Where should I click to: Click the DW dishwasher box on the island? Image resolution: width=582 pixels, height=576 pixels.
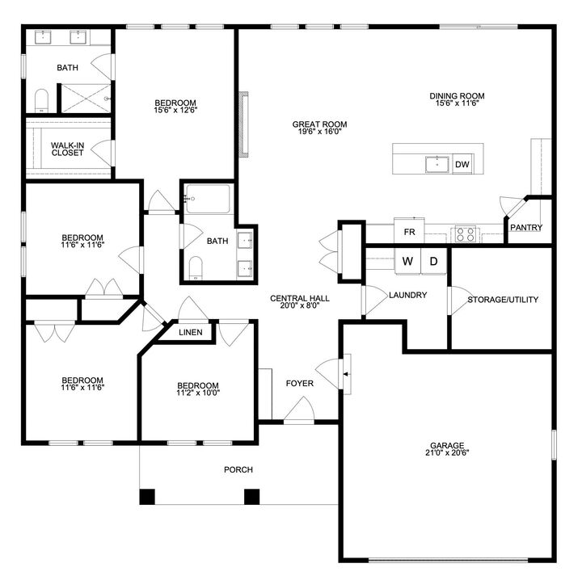(x=462, y=165)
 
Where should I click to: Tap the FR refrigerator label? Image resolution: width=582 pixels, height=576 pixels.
(x=409, y=232)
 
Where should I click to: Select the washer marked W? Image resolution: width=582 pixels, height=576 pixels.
(x=407, y=262)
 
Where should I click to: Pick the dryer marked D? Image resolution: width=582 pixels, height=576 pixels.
(x=432, y=262)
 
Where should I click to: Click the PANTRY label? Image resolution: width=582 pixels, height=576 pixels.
(x=526, y=228)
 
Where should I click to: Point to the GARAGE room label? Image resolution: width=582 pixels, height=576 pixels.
(x=447, y=445)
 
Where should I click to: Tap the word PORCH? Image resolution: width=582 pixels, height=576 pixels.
(x=238, y=469)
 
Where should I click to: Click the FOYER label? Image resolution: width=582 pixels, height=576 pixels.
(x=299, y=383)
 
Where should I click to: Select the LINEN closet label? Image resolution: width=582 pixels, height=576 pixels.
(x=190, y=332)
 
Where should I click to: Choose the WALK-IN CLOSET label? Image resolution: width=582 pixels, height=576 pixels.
(x=67, y=149)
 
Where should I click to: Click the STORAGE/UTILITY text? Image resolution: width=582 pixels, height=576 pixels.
(x=503, y=300)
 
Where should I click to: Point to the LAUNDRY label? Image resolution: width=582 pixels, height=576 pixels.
(x=407, y=295)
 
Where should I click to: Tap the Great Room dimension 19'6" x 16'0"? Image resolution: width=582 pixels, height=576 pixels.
(x=319, y=133)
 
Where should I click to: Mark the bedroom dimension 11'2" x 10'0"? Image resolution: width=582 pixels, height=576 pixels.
(x=198, y=393)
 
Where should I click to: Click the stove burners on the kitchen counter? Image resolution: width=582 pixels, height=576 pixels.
(x=466, y=233)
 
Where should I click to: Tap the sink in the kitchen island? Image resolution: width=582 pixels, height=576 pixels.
(x=437, y=165)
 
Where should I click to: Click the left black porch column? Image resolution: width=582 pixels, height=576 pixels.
(x=147, y=496)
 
